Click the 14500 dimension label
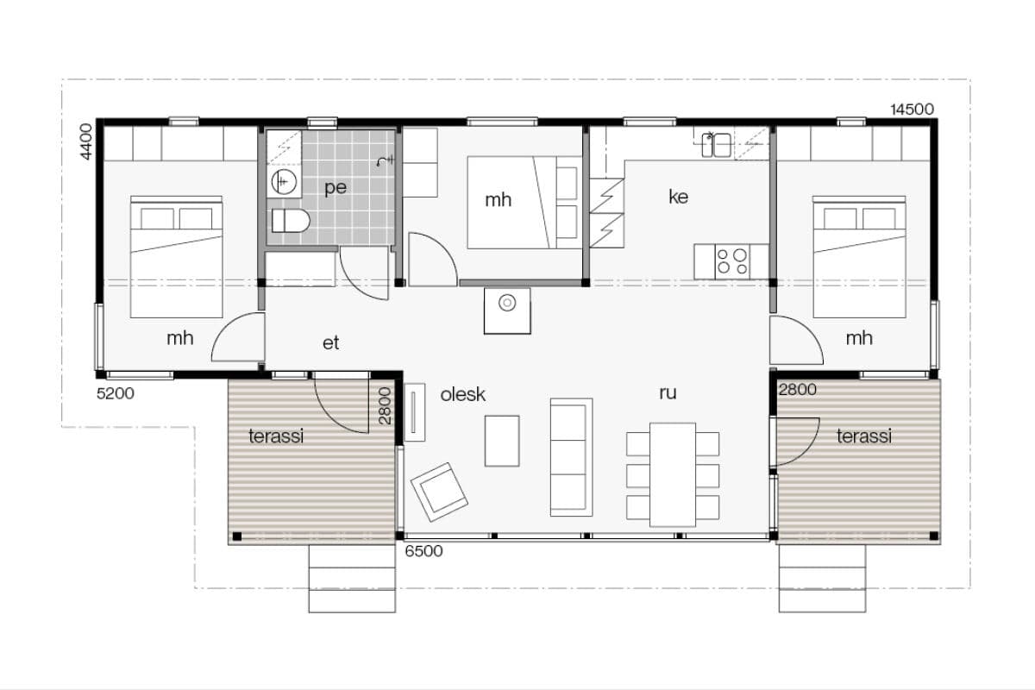(912, 110)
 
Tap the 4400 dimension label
(86, 141)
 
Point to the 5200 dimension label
(116, 393)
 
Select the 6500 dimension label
(423, 551)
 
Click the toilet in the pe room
(290, 221)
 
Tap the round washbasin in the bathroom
(284, 182)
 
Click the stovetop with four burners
(732, 261)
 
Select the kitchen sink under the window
(716, 145)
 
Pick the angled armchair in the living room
(439, 492)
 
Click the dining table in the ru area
(673, 474)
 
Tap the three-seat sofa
(571, 457)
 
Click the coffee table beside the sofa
(502, 441)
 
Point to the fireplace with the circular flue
(507, 310)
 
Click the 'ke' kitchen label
(678, 197)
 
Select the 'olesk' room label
(462, 395)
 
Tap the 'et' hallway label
(331, 343)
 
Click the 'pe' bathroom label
(336, 188)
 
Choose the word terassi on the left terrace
(276, 436)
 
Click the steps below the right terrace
(823, 579)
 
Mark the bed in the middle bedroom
(524, 203)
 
